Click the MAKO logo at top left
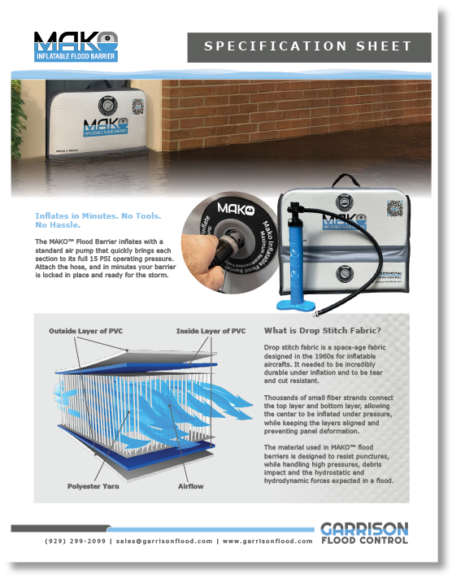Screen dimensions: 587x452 (x=76, y=46)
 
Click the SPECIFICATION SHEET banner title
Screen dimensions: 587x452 (x=308, y=47)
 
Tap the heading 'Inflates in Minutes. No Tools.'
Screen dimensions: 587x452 (x=98, y=215)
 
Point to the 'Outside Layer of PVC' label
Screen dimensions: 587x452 (x=86, y=331)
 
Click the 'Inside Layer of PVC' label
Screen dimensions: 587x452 (x=211, y=331)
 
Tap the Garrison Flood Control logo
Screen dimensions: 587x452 (x=363, y=533)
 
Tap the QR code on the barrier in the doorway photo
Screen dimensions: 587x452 (x=138, y=109)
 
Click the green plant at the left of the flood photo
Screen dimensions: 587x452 (x=18, y=122)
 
